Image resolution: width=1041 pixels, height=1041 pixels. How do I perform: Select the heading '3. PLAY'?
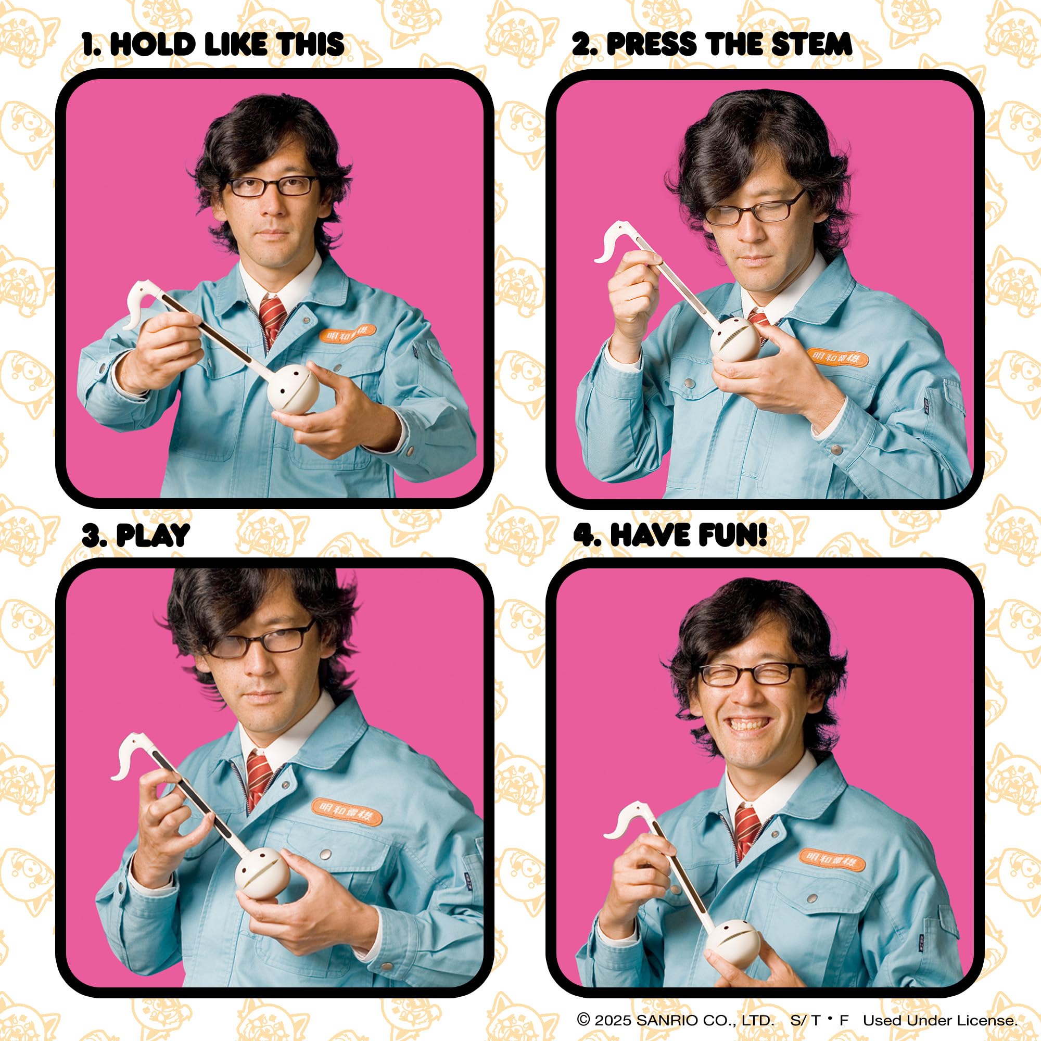click(136, 535)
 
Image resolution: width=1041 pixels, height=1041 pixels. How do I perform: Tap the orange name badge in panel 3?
click(347, 813)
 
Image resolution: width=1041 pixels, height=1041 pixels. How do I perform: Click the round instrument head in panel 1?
click(294, 389)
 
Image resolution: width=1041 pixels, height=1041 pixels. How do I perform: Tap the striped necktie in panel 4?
click(748, 831)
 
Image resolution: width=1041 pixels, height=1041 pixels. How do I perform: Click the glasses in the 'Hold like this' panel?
click(272, 186)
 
